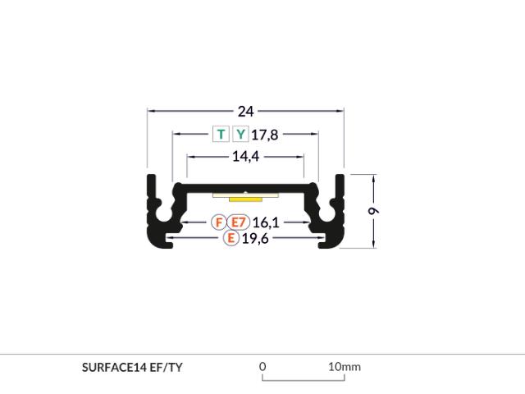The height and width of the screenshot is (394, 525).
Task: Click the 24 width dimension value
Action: [246, 112]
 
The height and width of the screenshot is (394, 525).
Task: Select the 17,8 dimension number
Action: [264, 135]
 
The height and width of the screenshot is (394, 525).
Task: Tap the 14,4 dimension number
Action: [246, 157]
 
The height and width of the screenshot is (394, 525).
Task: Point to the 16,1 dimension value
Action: [266, 222]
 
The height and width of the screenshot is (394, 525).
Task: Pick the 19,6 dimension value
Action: [255, 239]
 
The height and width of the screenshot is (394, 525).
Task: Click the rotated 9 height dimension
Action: [374, 211]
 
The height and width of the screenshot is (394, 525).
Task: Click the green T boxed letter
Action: [221, 134]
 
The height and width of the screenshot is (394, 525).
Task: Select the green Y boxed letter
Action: [240, 134]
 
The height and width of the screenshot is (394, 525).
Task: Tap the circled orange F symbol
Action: [219, 222]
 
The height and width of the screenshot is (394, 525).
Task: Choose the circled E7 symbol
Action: [239, 222]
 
